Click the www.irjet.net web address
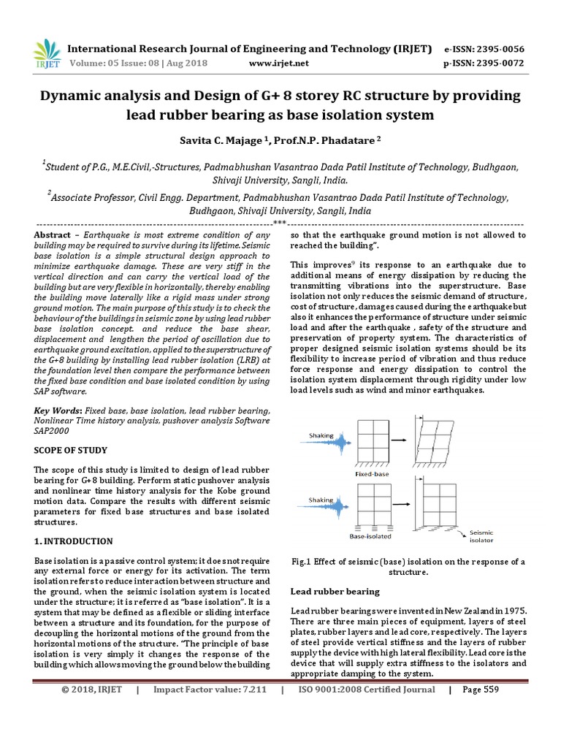click(x=279, y=64)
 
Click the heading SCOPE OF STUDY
click(x=71, y=450)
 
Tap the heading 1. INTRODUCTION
click(x=74, y=541)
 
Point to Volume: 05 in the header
click(x=94, y=64)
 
